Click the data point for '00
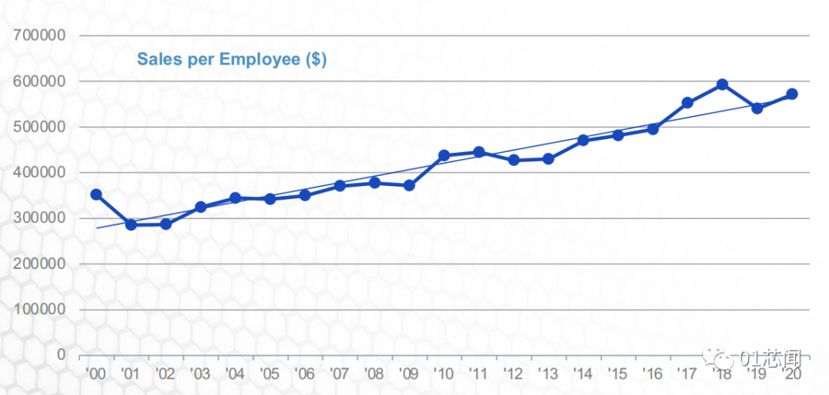(96, 194)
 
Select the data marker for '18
(722, 85)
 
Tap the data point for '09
(409, 185)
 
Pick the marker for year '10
(444, 155)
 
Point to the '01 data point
(130, 224)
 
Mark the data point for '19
(757, 108)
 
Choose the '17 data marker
(687, 103)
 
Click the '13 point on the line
(548, 158)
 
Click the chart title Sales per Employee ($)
(232, 59)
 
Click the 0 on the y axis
(61, 355)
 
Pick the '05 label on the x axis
(269, 373)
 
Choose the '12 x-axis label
(513, 373)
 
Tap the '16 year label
(652, 373)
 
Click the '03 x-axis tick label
(200, 373)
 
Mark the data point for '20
(791, 94)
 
